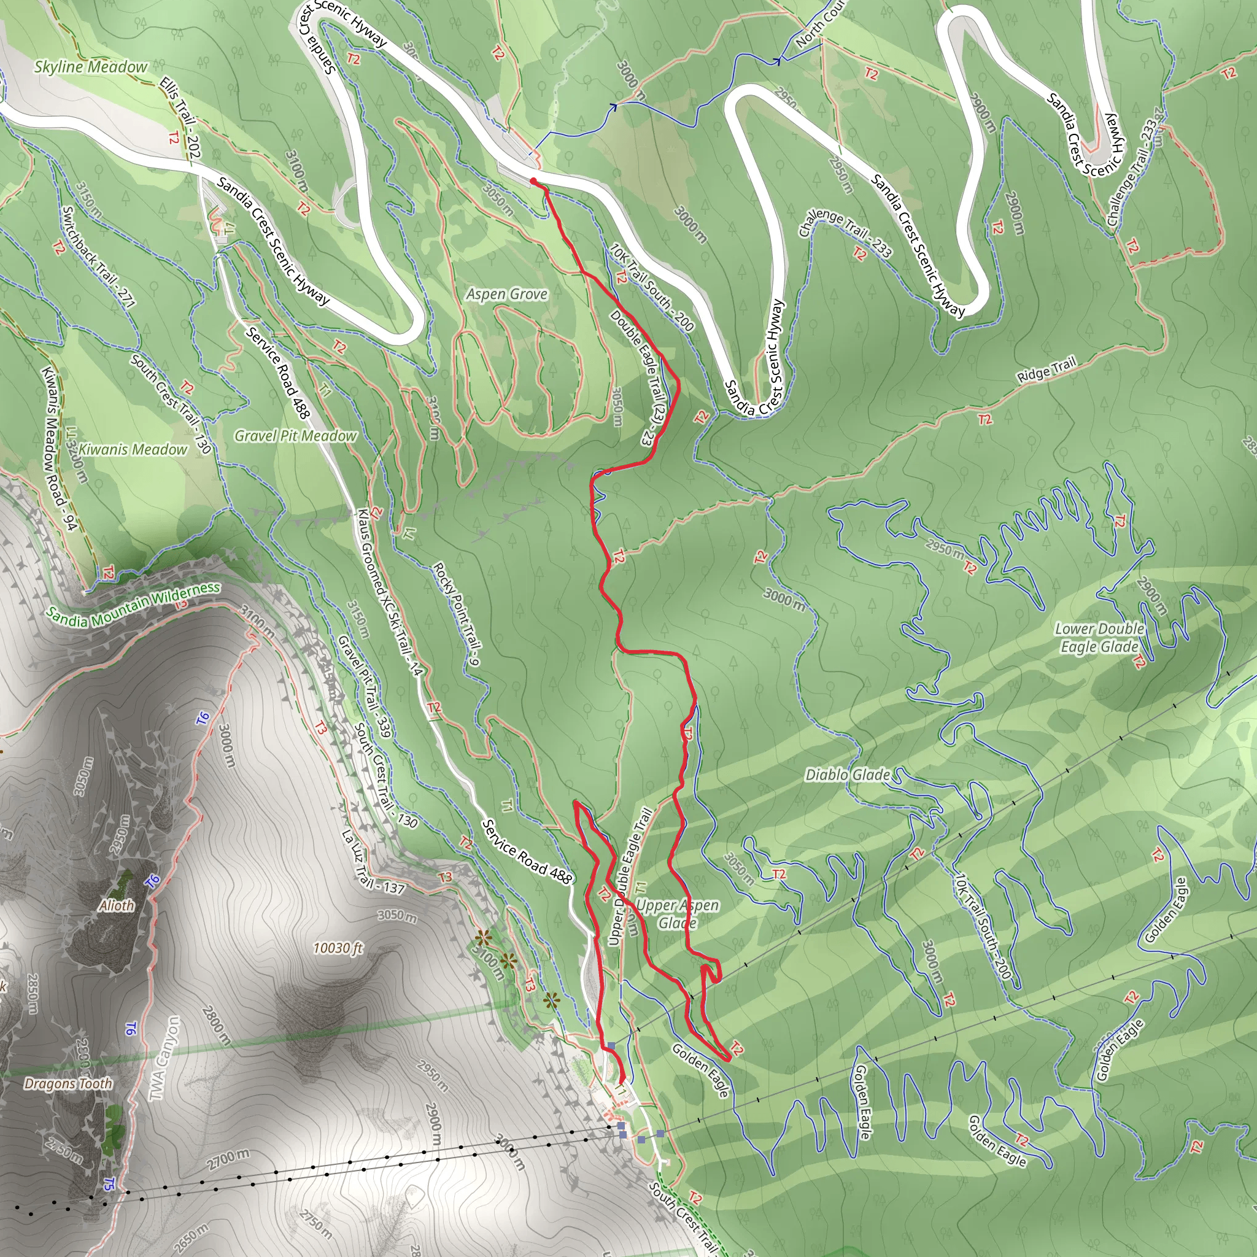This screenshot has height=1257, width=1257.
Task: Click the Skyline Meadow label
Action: click(90, 67)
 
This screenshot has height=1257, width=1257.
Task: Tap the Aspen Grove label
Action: click(506, 294)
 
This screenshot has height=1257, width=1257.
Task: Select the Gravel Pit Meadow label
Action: click(295, 436)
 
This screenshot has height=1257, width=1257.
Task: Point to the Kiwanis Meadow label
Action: click(133, 449)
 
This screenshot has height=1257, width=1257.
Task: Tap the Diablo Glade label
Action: click(847, 775)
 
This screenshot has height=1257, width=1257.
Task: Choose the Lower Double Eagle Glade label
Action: click(1099, 638)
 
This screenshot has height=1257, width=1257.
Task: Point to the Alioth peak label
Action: click(117, 906)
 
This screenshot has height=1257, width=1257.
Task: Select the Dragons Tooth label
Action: click(68, 1083)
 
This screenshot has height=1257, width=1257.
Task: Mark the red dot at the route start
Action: click(533, 182)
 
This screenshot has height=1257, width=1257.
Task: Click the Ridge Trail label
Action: click(1047, 369)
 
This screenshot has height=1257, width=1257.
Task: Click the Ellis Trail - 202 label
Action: click(180, 118)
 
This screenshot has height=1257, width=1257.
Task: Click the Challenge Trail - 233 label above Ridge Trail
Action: click(845, 233)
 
